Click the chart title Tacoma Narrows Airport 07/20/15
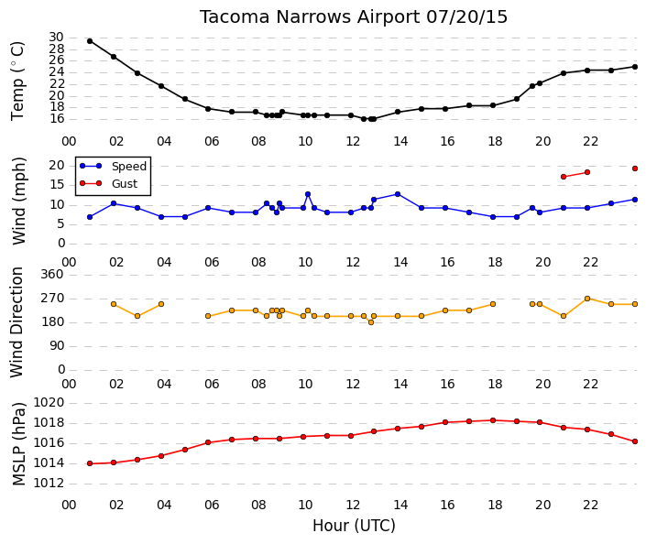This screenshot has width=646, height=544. pos(354,17)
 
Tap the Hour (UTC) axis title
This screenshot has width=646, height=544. pos(354,526)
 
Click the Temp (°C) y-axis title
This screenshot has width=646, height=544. pos(17,82)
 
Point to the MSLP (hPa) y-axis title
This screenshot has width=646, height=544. pos(18,444)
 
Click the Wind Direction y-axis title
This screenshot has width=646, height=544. pos(16,322)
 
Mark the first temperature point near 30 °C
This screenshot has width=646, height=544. pos(90,41)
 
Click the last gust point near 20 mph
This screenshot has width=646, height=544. pos(635,169)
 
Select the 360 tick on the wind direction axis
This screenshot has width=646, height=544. pos(52,274)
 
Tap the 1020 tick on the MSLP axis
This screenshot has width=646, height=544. pos(49,402)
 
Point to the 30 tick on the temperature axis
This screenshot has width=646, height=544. pos(56,38)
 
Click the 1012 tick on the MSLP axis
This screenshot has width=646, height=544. pos(49,483)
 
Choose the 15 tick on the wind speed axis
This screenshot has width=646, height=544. pos(57,184)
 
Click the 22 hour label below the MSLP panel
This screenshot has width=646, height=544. pos(590,505)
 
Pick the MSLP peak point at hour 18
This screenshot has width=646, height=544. pos(493,420)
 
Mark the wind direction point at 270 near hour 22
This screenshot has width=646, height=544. pos(587,299)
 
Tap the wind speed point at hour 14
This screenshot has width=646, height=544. pos(398,194)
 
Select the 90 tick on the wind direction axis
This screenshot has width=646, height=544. pos(56,346)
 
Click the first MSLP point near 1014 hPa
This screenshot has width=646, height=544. pos(90,463)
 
